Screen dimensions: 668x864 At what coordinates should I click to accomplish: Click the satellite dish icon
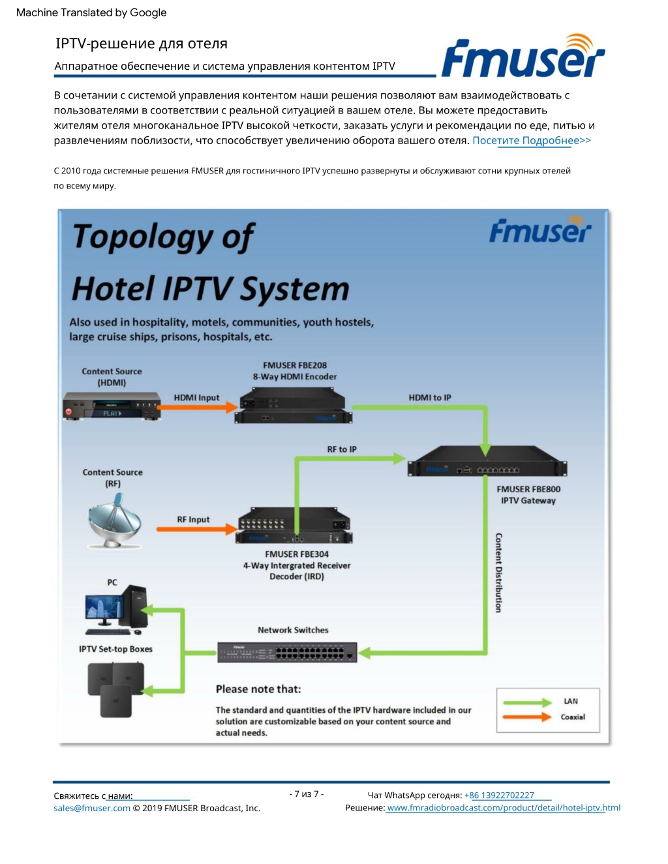tap(114, 520)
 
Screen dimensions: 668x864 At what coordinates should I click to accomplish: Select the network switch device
tap(287, 652)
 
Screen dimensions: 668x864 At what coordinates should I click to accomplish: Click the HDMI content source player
tap(112, 406)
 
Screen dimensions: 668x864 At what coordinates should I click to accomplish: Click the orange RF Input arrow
tap(197, 529)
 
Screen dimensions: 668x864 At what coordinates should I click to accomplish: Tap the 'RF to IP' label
tap(342, 449)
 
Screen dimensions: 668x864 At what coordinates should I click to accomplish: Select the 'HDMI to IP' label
tap(430, 398)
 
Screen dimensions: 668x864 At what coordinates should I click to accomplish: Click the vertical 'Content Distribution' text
tap(498, 573)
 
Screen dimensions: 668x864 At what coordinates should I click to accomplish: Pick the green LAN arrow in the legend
tap(527, 702)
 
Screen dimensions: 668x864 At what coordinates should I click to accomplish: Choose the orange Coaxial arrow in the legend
tap(527, 717)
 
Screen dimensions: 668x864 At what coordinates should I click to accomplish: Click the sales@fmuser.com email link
tap(92, 808)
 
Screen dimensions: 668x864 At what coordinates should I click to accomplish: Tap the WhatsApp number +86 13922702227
tap(499, 796)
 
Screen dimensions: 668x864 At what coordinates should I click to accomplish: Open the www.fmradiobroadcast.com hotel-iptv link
tap(504, 807)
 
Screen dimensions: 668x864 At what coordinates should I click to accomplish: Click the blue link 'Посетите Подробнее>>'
tap(532, 140)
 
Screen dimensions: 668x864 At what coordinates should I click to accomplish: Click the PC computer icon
tap(115, 610)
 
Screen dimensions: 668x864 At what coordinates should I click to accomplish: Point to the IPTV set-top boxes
tap(115, 689)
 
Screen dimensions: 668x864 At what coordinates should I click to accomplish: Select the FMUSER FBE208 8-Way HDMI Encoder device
tap(293, 405)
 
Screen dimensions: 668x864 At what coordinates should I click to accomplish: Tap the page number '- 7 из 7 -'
tap(306, 794)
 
